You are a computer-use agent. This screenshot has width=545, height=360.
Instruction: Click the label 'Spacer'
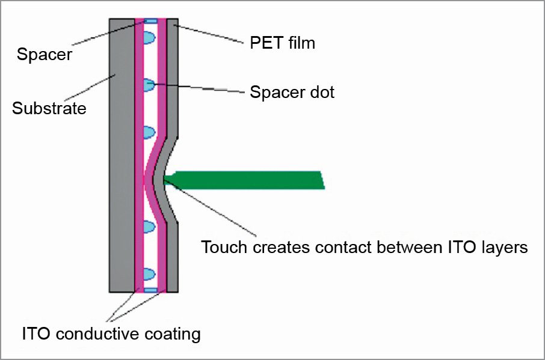[x=45, y=55]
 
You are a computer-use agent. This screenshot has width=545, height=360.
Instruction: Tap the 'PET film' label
[x=282, y=43]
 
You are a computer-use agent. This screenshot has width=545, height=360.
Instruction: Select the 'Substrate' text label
[x=49, y=109]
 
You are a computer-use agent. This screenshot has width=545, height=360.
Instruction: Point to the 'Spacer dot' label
[x=292, y=93]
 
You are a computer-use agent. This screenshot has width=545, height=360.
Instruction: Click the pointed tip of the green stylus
[x=165, y=177]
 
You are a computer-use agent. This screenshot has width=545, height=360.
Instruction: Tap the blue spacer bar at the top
[x=150, y=21]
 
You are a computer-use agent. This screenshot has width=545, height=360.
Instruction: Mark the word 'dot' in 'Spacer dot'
[x=321, y=93]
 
